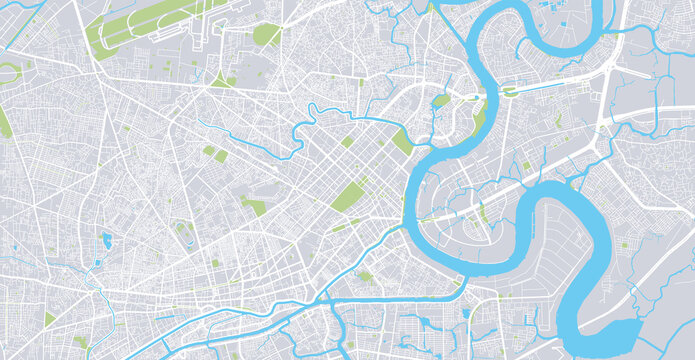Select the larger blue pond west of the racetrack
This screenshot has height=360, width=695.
106,239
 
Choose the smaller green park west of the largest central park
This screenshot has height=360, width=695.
256,207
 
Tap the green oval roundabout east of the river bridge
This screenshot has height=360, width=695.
508,92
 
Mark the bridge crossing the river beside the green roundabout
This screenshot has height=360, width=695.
489,94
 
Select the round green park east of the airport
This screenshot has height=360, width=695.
266,35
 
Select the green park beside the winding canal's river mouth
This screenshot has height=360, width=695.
401,141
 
